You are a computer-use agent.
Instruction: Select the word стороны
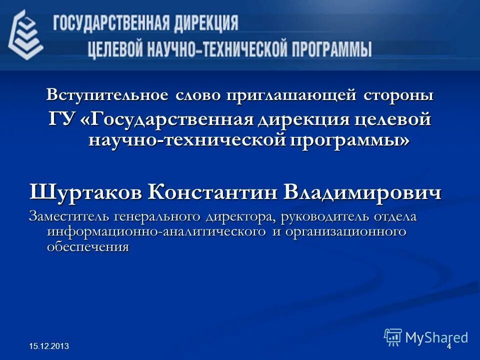pos(396,95)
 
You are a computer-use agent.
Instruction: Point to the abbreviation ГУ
pos(61,120)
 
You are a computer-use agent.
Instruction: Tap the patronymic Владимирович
pos(362,192)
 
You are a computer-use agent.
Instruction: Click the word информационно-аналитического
pos(155,232)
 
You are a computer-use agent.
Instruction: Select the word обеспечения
pos(88,246)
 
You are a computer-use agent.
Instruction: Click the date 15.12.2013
pos(49,346)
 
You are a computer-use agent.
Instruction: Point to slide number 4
pos(448,346)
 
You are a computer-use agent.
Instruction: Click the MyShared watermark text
pos(436,337)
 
